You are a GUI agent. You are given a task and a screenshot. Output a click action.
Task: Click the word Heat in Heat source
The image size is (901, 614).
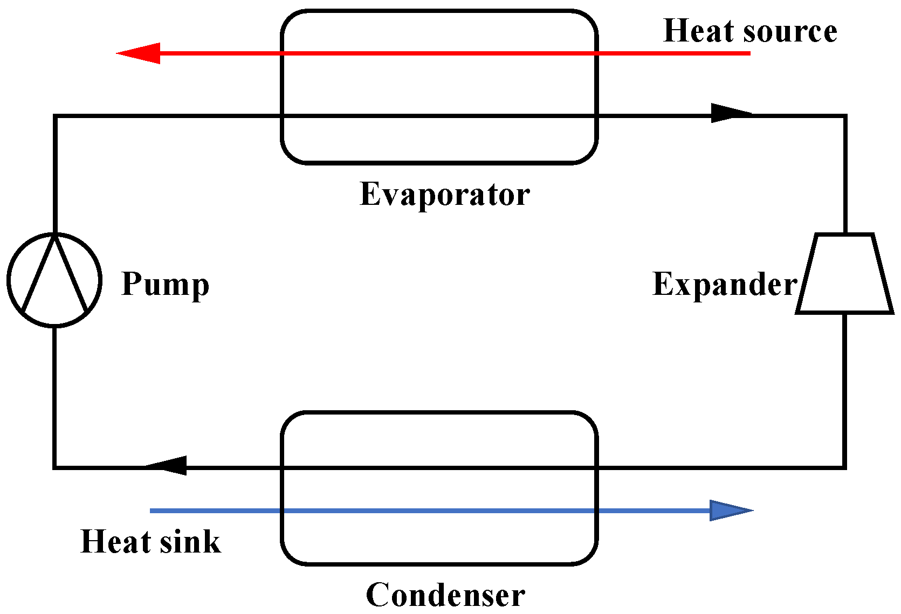(698, 31)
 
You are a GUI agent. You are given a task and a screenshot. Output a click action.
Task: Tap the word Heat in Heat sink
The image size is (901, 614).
(115, 541)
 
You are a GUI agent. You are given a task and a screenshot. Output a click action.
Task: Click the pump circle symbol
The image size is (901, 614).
(54, 280)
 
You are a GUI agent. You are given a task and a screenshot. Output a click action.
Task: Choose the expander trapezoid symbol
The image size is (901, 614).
(844, 273)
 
